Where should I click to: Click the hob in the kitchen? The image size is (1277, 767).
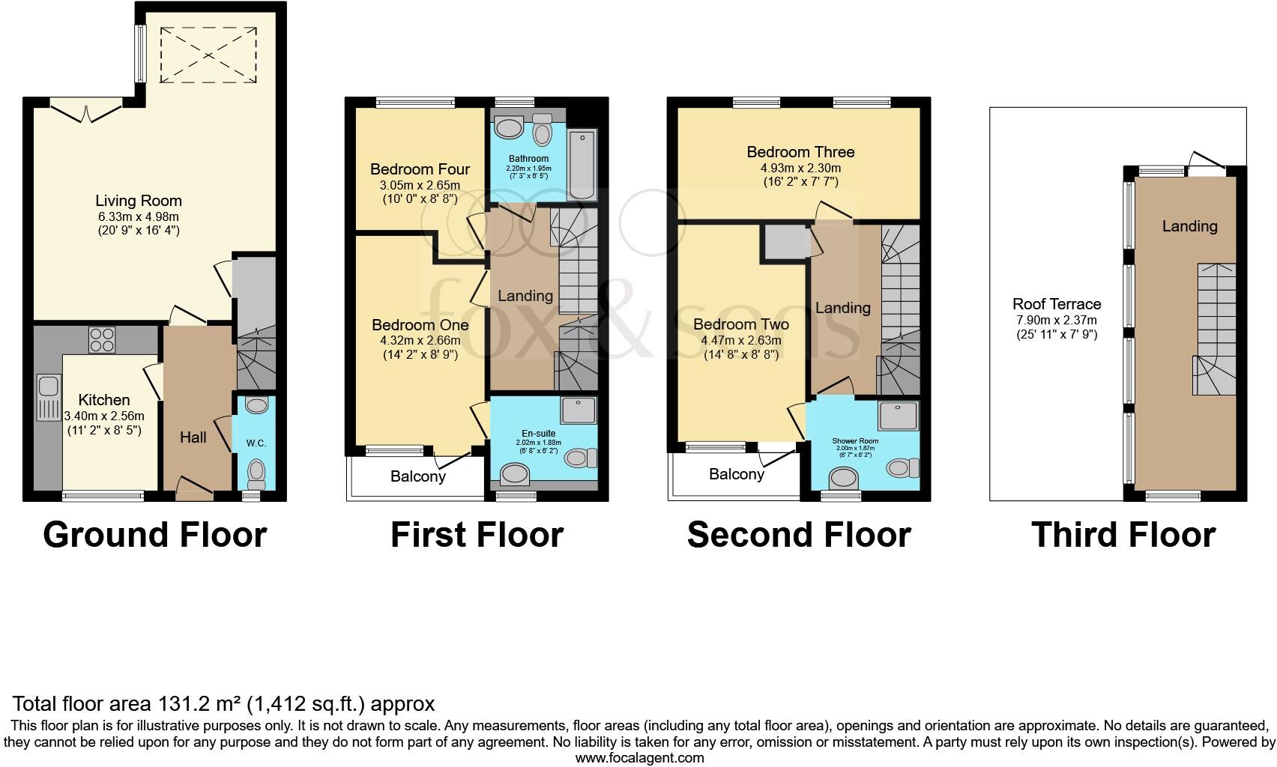[102, 339]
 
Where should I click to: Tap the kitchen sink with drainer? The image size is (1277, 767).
[49, 397]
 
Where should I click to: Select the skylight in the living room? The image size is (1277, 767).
[208, 55]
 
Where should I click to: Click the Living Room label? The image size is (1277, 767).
[139, 201]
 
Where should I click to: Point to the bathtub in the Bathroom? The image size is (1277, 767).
[582, 164]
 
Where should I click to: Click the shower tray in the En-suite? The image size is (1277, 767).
[578, 410]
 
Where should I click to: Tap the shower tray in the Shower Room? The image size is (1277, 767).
[899, 416]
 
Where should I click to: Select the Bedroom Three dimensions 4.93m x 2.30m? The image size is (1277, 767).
[800, 168]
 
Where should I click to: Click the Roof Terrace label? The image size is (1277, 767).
[1057, 303]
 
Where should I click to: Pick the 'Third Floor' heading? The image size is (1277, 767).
[1123, 535]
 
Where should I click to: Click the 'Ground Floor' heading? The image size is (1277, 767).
[155, 535]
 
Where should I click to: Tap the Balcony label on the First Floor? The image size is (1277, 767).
[418, 476]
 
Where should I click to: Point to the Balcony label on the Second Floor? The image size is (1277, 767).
[737, 474]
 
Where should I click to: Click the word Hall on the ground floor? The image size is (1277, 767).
[193, 437]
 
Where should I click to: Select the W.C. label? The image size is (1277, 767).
[256, 443]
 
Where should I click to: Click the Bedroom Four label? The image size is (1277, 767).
[420, 169]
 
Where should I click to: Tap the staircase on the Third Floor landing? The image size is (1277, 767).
[1215, 329]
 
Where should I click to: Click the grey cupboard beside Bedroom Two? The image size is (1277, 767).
[785, 243]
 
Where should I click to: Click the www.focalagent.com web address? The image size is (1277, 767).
[640, 758]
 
